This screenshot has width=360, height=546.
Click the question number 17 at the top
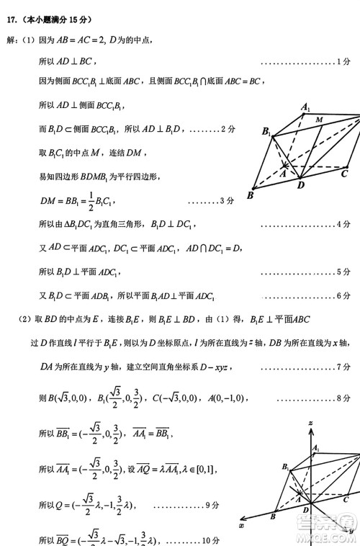tap(12, 20)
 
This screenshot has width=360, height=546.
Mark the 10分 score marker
tap(210, 540)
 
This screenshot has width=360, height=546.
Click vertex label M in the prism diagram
tap(318, 118)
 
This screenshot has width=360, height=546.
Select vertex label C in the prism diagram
tap(344, 173)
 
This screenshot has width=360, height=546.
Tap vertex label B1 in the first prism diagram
tap(266, 132)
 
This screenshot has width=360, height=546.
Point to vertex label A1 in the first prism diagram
tap(306, 108)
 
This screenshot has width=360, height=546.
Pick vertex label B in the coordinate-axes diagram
tap(274, 516)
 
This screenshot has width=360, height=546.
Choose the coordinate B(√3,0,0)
tap(71, 397)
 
